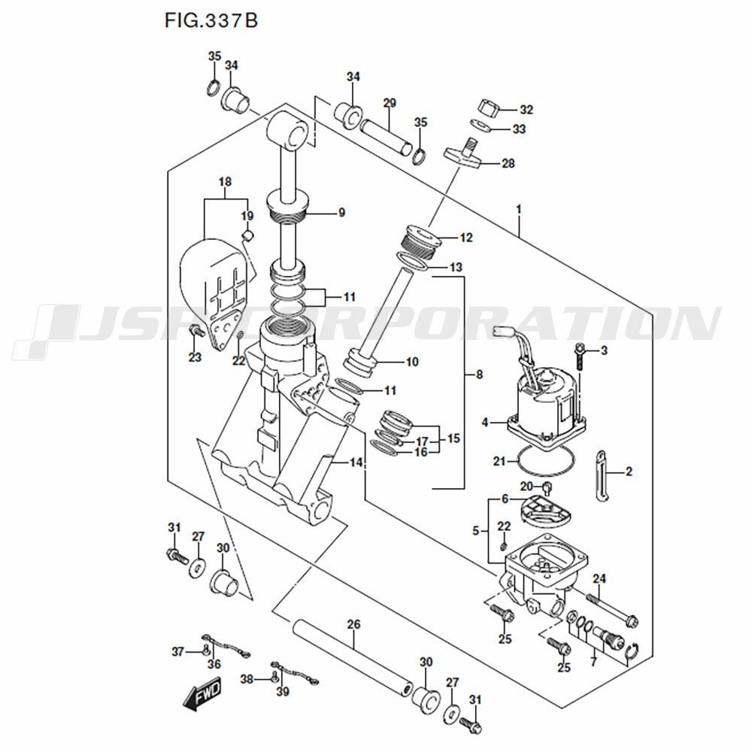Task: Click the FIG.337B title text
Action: pyautogui.click(x=211, y=20)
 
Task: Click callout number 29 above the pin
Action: pyautogui.click(x=389, y=102)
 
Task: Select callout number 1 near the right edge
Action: pyautogui.click(x=518, y=207)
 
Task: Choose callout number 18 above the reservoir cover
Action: pyautogui.click(x=225, y=181)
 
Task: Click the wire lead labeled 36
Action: pyautogui.click(x=226, y=647)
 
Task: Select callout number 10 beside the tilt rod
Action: pyautogui.click(x=412, y=362)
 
